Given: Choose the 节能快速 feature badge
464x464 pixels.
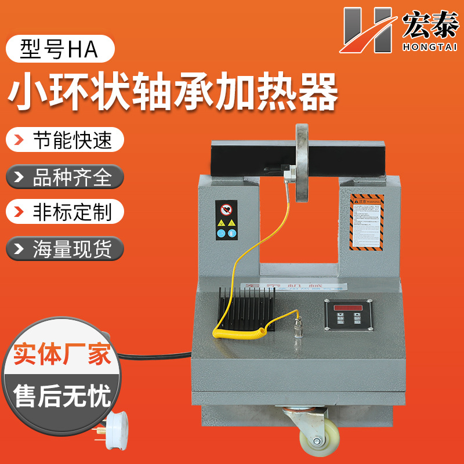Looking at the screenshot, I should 64,140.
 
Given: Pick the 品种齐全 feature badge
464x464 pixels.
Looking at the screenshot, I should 64,176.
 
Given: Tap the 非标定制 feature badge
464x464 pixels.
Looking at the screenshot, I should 64,212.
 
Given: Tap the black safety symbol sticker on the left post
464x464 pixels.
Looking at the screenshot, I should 226,220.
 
